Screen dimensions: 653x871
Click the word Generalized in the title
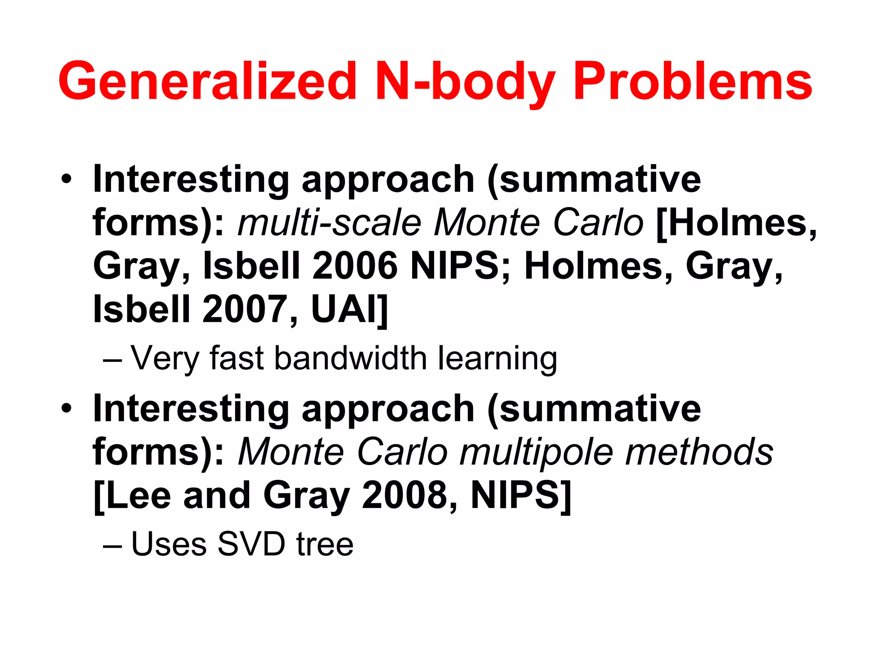click(208, 81)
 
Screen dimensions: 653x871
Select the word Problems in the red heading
click(693, 81)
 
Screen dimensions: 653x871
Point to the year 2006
click(355, 266)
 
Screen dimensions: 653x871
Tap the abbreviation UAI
click(345, 309)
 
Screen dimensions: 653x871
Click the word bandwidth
click(351, 358)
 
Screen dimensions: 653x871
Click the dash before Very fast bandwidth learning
click(112, 361)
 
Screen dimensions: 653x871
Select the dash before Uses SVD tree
click(112, 546)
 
